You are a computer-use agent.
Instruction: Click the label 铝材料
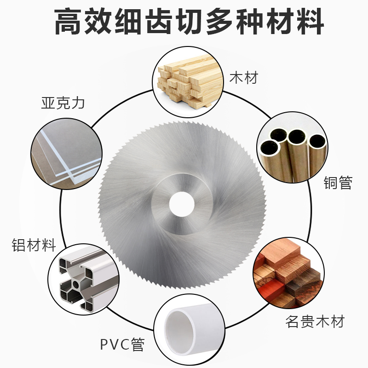click(x=34, y=244)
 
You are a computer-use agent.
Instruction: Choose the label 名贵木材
click(x=315, y=321)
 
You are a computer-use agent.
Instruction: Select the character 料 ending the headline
click(x=308, y=21)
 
